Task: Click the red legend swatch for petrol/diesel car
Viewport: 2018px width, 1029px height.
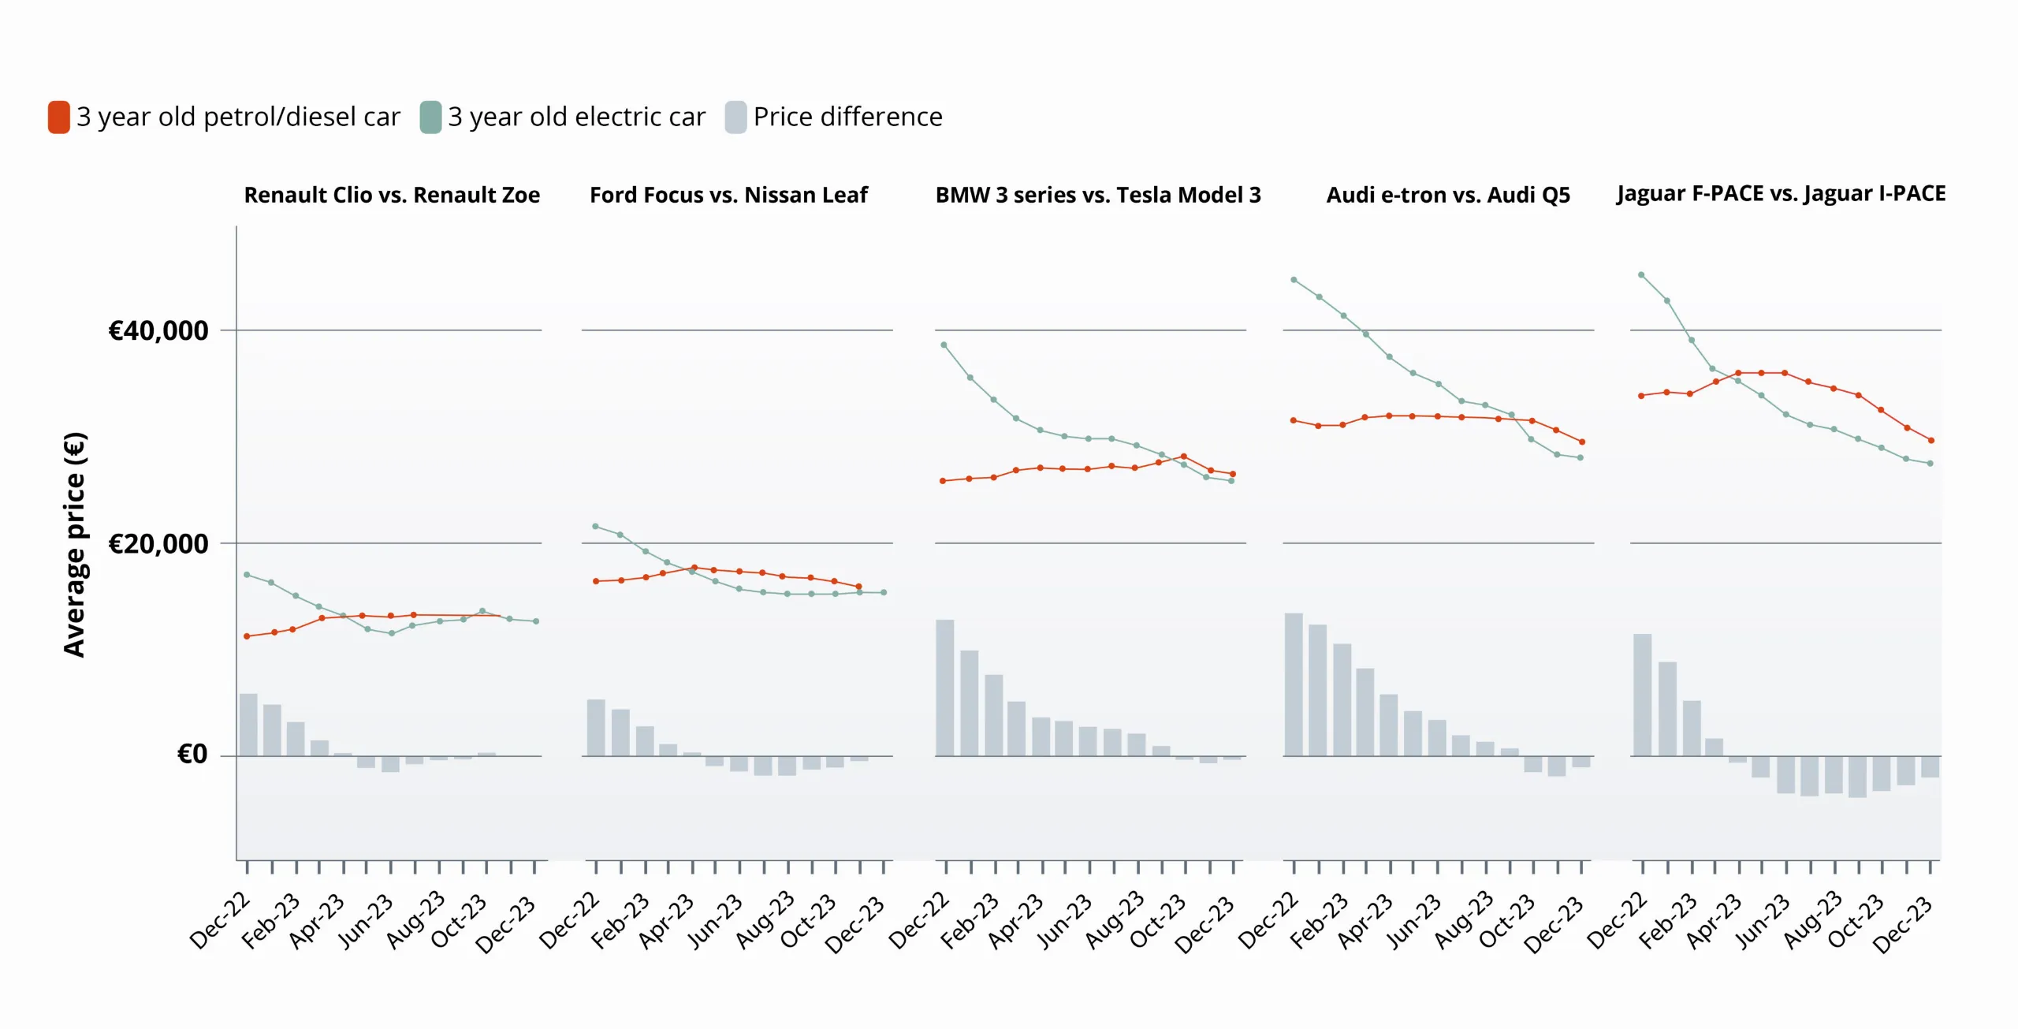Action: [x=59, y=117]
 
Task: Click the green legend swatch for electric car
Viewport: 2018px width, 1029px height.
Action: [x=430, y=117]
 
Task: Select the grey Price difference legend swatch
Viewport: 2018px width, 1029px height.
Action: [x=735, y=117]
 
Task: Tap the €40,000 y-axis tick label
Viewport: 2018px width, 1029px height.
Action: [x=158, y=330]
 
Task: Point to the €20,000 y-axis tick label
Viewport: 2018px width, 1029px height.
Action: [x=158, y=543]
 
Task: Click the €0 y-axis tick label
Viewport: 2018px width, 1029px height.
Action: [x=192, y=755]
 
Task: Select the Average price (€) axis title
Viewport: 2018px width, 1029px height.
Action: [x=75, y=544]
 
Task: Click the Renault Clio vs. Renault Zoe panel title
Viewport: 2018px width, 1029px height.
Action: [x=392, y=195]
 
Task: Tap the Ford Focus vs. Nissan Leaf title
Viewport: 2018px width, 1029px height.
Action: [x=728, y=195]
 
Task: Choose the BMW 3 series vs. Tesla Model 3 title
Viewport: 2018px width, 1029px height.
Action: [x=1098, y=195]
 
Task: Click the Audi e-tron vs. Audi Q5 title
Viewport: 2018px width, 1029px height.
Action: [x=1448, y=195]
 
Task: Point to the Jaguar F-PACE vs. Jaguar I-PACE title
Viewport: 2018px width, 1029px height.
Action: [x=1781, y=194]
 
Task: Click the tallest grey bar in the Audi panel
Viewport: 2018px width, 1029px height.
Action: [x=1294, y=684]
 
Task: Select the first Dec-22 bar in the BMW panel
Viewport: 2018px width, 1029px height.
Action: [x=945, y=688]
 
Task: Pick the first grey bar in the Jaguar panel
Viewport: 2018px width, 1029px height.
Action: [x=1642, y=695]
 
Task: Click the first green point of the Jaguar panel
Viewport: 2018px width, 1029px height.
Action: [x=1641, y=275]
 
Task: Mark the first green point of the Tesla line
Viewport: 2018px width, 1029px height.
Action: [x=944, y=345]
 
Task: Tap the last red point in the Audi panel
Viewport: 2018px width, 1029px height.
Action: [x=1582, y=442]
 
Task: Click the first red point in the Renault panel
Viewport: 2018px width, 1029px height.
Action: [x=247, y=636]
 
